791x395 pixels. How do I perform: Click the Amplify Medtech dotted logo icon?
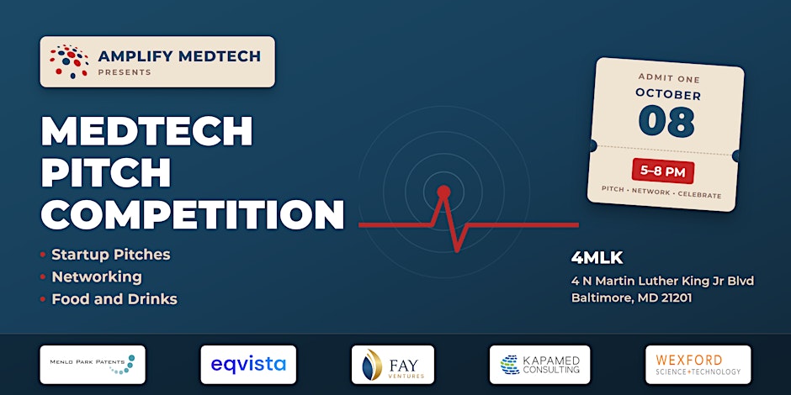coord(69,61)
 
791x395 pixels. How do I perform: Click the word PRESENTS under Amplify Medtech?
coord(125,72)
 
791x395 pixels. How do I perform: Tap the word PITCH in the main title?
coord(106,173)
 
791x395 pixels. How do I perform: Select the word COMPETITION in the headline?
coord(192,214)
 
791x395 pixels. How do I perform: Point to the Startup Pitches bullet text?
coord(111,255)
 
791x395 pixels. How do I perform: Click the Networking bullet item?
coord(97,276)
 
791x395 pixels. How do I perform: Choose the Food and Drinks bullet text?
coord(114,299)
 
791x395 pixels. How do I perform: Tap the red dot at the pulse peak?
coord(443,192)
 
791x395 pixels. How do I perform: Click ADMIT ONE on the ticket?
coord(669,79)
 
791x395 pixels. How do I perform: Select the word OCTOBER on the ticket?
coord(668,95)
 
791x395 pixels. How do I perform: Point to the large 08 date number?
coord(666,121)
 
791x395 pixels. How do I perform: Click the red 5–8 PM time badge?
coord(663,172)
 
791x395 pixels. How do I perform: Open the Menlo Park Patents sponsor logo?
coord(93,364)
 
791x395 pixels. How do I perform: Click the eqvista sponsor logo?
coord(248,364)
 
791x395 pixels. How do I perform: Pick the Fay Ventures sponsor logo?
coord(392,364)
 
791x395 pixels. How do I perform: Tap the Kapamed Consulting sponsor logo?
coord(539,364)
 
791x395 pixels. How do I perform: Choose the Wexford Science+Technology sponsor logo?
coord(698,364)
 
